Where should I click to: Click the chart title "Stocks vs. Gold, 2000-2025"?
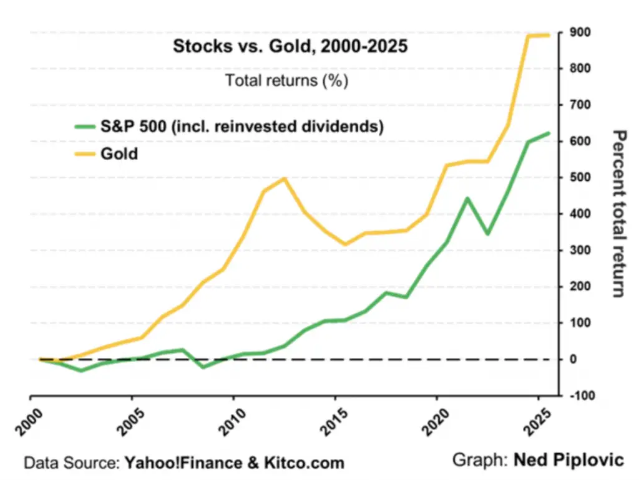point(290,47)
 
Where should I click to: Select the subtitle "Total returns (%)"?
point(286,80)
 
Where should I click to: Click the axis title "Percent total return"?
point(618,213)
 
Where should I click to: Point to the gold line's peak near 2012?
point(285,179)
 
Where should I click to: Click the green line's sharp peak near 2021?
point(467,198)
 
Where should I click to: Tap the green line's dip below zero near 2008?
point(203,367)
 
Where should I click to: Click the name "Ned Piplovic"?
point(568,460)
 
